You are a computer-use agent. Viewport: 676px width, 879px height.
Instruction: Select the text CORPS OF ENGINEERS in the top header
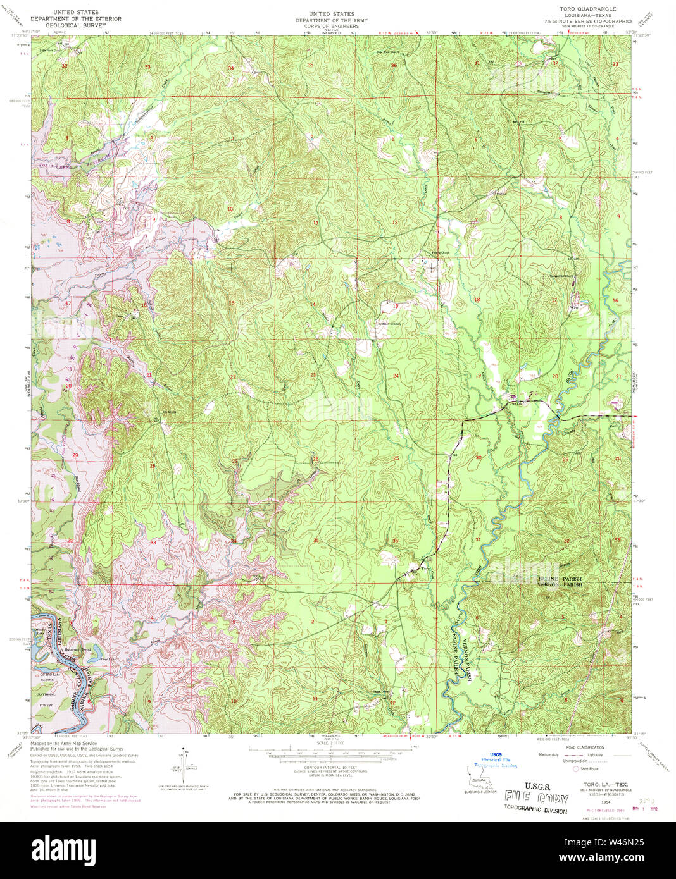coord(331,26)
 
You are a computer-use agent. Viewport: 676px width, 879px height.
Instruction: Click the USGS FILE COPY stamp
coord(536,799)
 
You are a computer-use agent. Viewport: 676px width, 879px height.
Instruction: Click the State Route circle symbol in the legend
coord(575,769)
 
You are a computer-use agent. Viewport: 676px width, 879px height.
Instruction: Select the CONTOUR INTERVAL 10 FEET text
coord(330,767)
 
